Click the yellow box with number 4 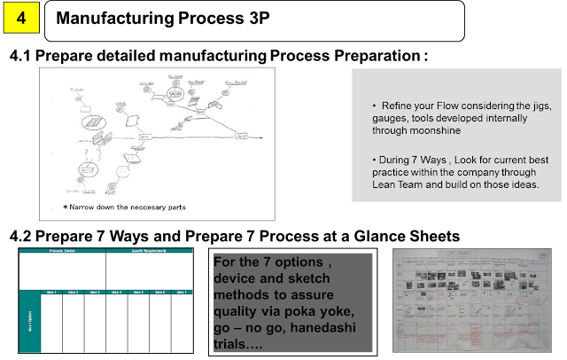(x=20, y=16)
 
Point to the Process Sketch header (x=62, y=251)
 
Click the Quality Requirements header (x=149, y=251)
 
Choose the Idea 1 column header (x=50, y=292)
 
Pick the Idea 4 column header (x=116, y=292)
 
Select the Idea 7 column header (x=182, y=292)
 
